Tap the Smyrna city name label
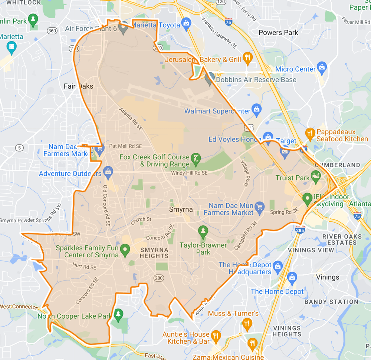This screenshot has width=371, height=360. coord(181,209)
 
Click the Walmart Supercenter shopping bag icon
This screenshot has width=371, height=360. coord(256,109)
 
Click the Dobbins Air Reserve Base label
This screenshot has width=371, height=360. coord(256,80)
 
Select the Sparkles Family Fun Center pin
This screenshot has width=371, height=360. coord(125,251)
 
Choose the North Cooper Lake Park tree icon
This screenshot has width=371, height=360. coord(118,315)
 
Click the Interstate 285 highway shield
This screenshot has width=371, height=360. coord(300,230)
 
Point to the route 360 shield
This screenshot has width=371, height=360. coord(52,30)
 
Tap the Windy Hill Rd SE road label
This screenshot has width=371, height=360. coord(189,173)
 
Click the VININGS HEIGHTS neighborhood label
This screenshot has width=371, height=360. coord(287,331)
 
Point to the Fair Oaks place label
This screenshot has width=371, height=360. coord(78,86)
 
